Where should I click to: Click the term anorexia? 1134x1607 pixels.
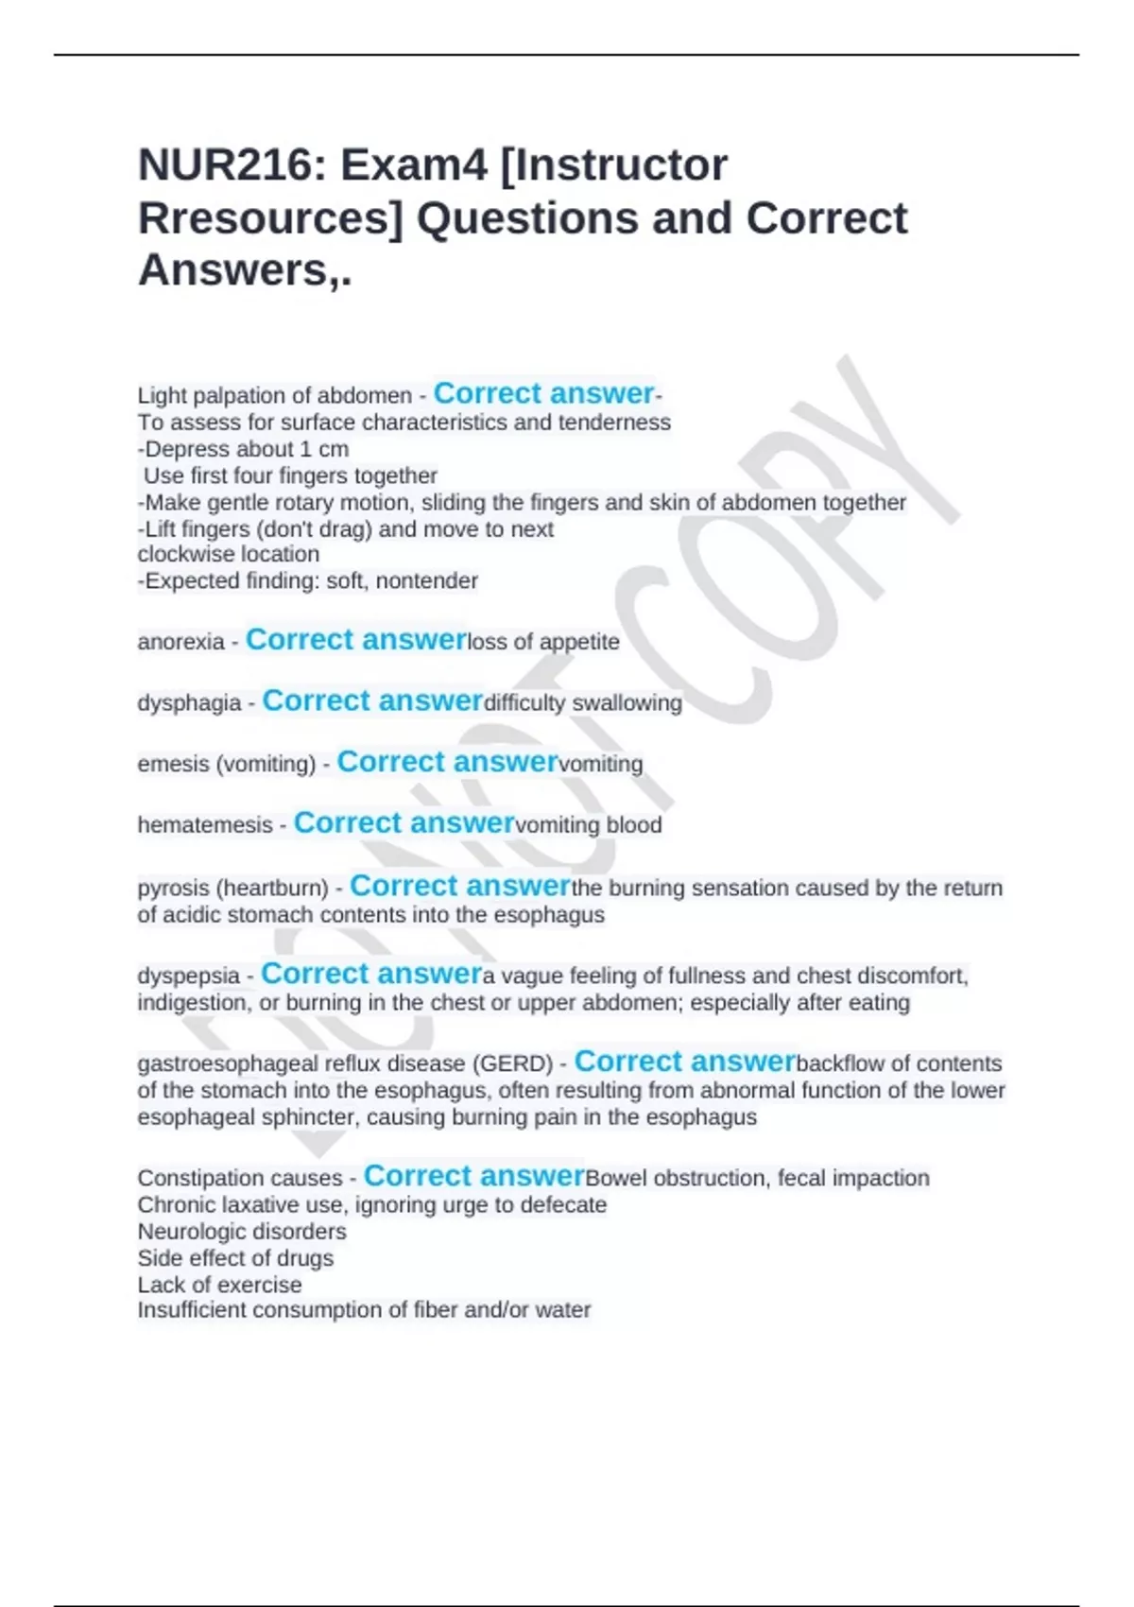click(x=181, y=643)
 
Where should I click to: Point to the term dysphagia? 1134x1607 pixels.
click(x=190, y=703)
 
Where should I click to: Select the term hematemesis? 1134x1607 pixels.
click(x=205, y=825)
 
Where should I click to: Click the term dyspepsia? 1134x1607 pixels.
click(x=189, y=976)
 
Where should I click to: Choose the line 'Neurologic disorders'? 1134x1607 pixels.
click(x=242, y=1232)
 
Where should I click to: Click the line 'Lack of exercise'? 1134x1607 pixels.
click(x=219, y=1285)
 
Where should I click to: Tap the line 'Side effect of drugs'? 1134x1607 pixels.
click(x=235, y=1258)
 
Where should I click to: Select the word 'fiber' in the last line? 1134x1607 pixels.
click(x=437, y=1310)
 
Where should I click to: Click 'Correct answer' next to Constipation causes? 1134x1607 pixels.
click(x=474, y=1176)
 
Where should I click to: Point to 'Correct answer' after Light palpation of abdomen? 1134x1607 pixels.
click(x=543, y=393)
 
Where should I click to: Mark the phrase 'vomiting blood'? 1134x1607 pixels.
click(x=589, y=825)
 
